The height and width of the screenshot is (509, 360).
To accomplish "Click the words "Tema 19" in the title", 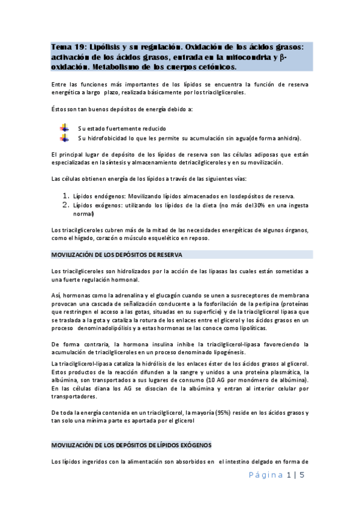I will [67, 47].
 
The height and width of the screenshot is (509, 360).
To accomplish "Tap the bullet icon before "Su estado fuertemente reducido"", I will [64, 128].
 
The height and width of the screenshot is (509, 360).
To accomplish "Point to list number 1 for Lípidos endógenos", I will [67, 196].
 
